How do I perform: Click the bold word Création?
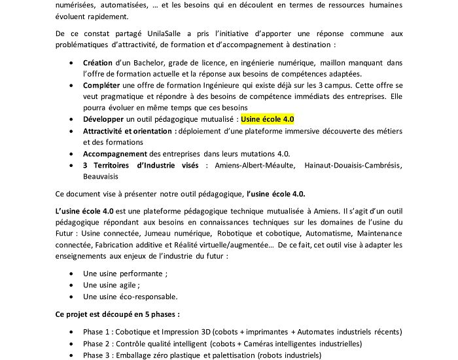tap(97, 63)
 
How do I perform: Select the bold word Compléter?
tap(103, 85)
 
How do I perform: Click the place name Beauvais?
tap(101, 176)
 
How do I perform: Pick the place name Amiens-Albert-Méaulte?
tap(252, 165)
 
